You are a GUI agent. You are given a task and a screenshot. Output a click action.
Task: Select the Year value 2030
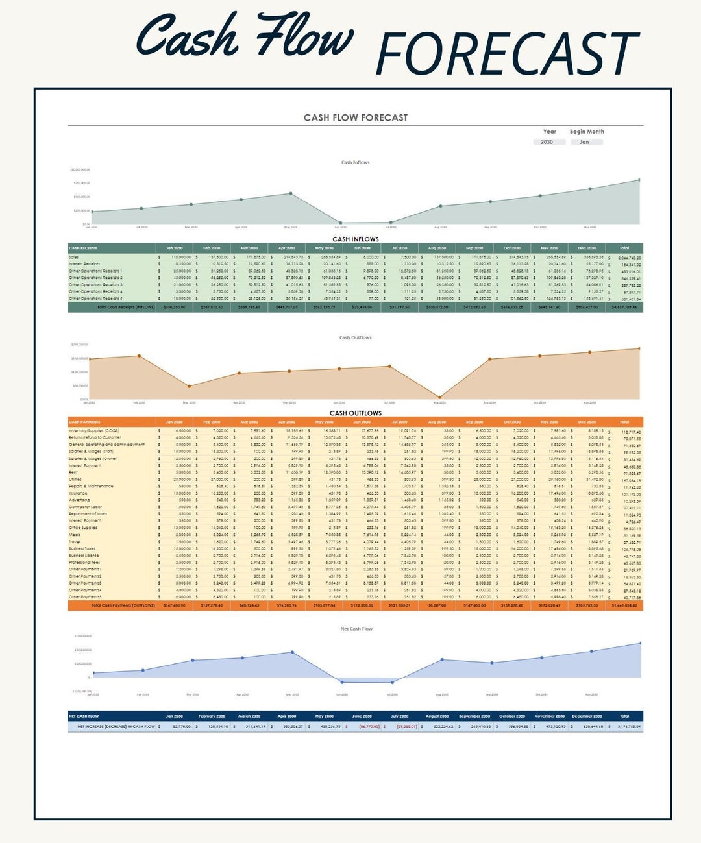click(547, 142)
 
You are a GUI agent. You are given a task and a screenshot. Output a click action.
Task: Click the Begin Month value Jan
click(584, 142)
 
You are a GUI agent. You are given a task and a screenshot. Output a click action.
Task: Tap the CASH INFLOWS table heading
click(355, 239)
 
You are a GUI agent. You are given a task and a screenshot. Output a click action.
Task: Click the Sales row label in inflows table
click(74, 257)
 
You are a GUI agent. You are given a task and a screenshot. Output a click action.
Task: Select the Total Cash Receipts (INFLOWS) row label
click(126, 307)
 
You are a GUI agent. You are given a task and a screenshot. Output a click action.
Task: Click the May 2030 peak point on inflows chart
click(291, 193)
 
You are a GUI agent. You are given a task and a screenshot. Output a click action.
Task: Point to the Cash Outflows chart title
click(355, 337)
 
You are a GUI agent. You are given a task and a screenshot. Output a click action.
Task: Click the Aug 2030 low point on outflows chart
click(440, 397)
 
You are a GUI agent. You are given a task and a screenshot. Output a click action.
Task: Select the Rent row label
click(73, 472)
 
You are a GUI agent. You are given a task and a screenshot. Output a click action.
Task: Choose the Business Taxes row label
click(82, 548)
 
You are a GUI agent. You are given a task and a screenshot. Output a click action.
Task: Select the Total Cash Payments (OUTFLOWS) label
click(123, 605)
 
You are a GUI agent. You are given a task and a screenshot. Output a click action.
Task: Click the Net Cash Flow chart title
click(356, 629)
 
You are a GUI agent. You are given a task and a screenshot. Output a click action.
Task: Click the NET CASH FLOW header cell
click(84, 716)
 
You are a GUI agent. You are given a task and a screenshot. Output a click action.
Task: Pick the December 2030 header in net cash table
click(587, 716)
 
